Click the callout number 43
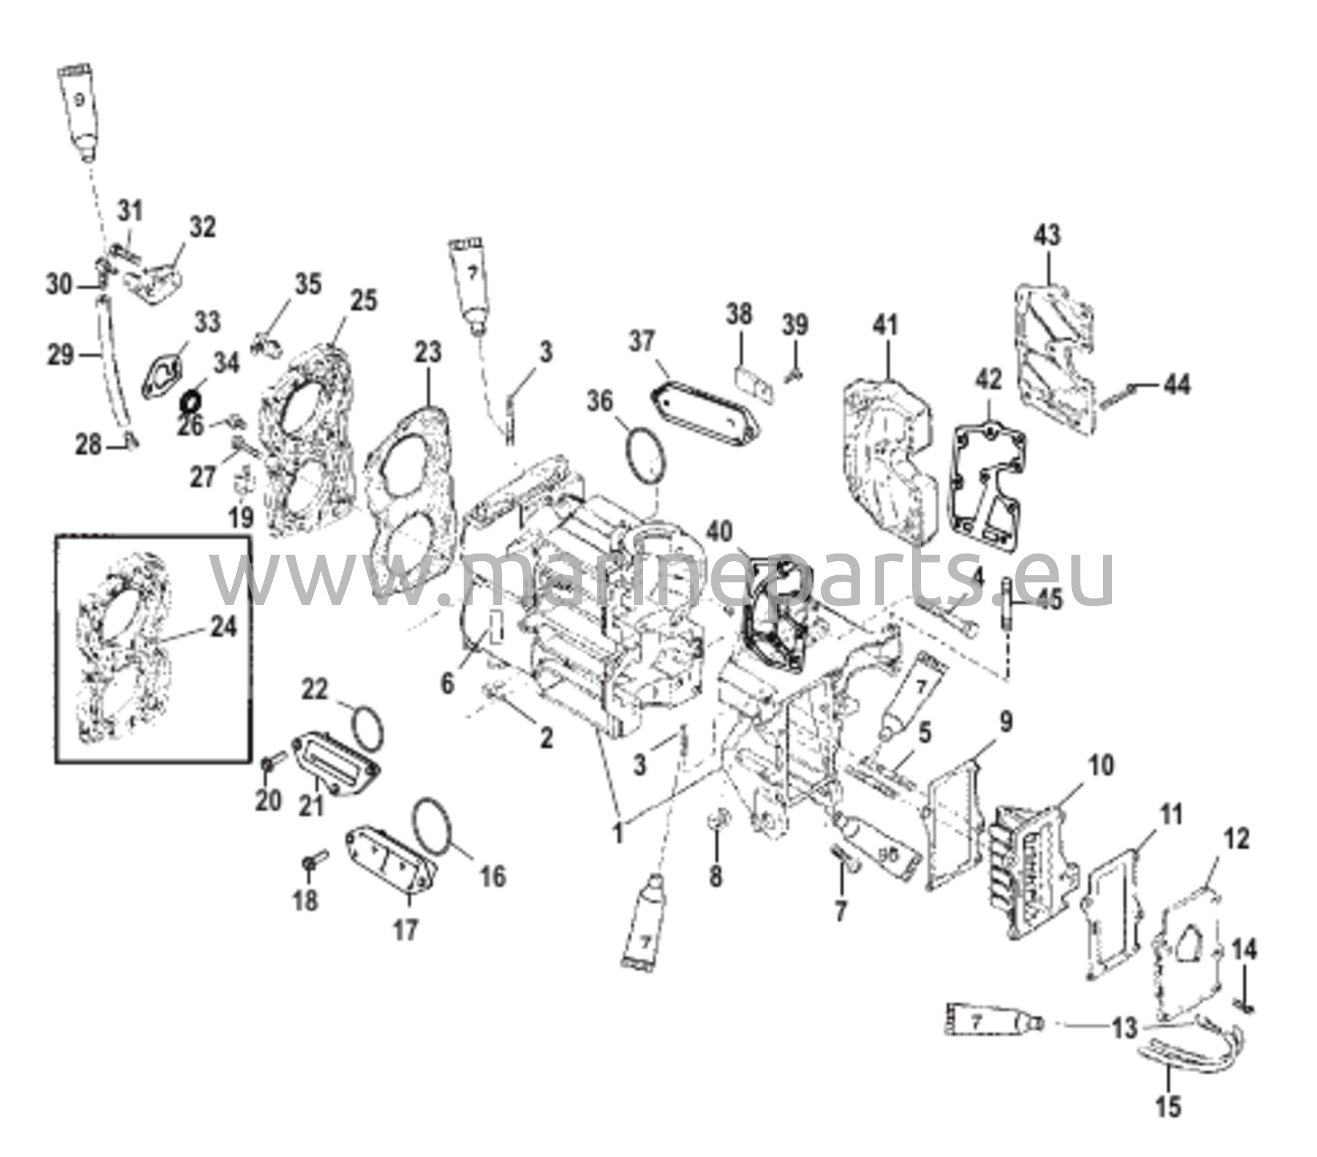click(1047, 235)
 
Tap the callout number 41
click(886, 325)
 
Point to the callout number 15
click(1168, 1107)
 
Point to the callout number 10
click(1100, 766)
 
